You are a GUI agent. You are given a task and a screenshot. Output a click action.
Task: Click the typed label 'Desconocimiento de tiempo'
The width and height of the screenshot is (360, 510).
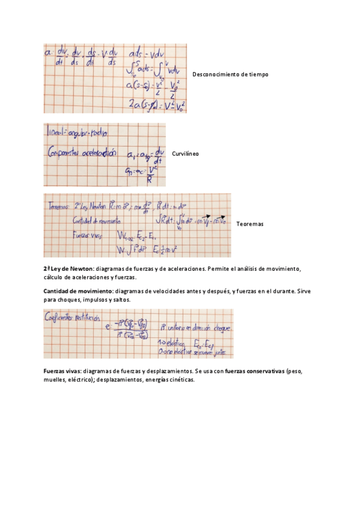(x=230, y=74)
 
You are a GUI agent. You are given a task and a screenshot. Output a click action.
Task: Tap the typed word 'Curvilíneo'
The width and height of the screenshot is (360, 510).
(x=185, y=154)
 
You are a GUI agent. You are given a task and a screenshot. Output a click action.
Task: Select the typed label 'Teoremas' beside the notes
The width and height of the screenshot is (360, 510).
(x=250, y=224)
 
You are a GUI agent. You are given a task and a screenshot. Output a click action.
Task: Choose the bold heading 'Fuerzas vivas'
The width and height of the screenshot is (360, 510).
(x=63, y=371)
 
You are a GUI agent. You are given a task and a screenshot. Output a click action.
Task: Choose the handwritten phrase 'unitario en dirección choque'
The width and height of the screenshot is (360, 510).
(x=196, y=328)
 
